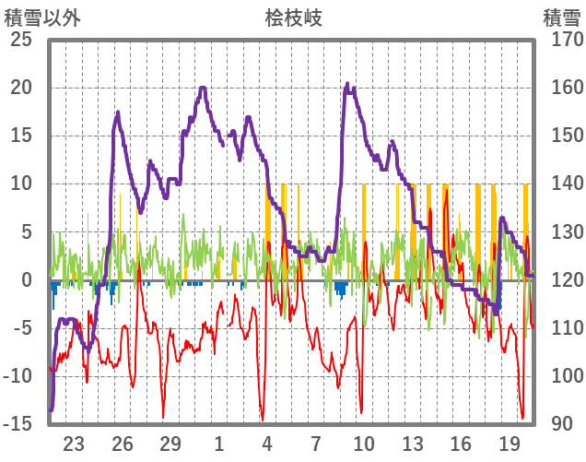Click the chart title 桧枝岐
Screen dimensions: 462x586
coord(293,18)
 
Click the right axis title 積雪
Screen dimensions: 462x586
coord(561,18)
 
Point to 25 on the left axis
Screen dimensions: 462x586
coord(21,41)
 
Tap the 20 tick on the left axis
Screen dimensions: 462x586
coord(21,89)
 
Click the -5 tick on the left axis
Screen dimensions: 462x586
coord(21,328)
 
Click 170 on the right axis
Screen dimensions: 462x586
coord(561,41)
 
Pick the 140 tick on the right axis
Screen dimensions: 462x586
coord(561,184)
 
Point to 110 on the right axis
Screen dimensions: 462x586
coord(561,328)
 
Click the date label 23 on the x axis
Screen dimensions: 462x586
coord(75,443)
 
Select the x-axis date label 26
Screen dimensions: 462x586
coord(123,443)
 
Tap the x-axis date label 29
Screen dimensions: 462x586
coord(170,443)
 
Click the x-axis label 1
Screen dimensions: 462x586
coord(219,443)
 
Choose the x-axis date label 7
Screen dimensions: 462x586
coord(315,443)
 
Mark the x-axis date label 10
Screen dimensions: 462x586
coord(364,443)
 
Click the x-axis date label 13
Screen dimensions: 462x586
coord(412,443)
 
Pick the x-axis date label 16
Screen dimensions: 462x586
coord(460,443)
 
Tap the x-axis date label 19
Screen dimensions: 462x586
coord(509,443)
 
